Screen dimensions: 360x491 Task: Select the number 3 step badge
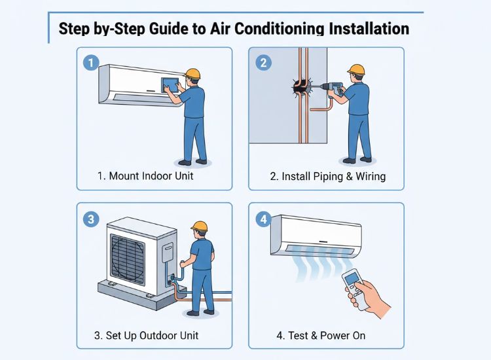pos(91,218)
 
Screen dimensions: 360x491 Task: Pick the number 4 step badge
pos(263,219)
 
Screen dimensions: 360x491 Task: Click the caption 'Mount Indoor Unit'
pos(145,176)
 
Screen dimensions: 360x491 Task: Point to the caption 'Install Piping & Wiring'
pos(328,176)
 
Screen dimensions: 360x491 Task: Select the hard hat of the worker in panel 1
pos(192,73)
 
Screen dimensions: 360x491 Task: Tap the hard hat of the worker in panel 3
pos(200,226)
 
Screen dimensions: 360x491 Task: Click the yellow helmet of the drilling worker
pos(356,69)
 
